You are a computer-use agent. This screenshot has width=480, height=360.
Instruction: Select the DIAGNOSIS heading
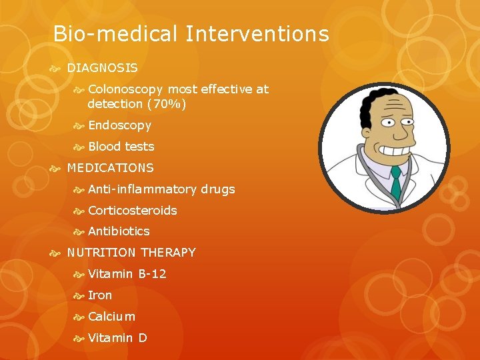coord(102,68)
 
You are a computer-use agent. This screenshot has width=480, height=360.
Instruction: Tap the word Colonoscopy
coord(125,89)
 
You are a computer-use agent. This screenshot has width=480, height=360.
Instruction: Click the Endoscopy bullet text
coord(119,125)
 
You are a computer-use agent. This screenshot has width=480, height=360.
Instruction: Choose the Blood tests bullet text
coord(121,147)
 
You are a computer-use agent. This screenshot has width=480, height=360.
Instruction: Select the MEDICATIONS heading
coord(110,168)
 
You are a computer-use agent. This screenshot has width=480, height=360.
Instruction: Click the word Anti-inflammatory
coord(142,189)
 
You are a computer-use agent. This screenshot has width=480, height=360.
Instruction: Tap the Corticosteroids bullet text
coord(132,211)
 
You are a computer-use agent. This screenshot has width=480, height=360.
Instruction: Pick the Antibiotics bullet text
coord(119,231)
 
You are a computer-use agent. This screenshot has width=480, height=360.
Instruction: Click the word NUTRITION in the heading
coord(102,253)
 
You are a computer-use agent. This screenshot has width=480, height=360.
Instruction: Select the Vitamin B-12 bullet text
coord(127,274)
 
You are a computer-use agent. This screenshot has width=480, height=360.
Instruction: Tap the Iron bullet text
coord(100,295)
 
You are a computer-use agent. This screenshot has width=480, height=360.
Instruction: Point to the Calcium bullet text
coord(111,317)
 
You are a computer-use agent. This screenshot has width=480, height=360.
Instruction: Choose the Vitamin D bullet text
coord(117,338)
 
